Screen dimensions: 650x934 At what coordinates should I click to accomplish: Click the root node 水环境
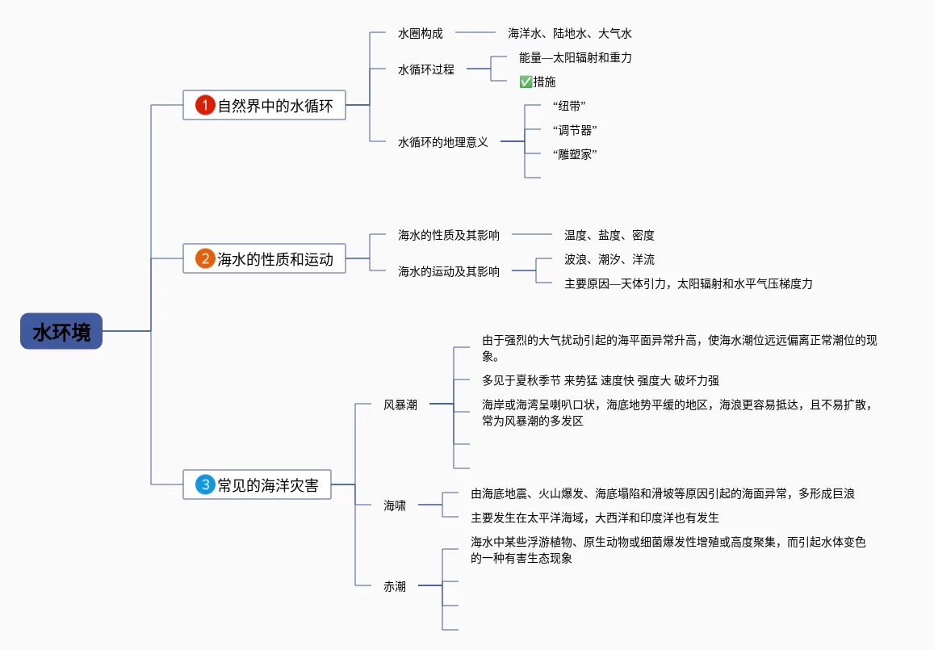[61, 331]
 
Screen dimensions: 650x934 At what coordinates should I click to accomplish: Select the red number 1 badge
[205, 105]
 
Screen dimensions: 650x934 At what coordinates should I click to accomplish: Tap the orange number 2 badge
[205, 259]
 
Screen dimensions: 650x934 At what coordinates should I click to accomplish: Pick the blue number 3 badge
[205, 485]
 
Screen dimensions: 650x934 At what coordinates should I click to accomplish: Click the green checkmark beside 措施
[526, 82]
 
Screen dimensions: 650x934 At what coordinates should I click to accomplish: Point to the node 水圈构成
[421, 33]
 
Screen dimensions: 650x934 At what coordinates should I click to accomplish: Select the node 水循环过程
[426, 69]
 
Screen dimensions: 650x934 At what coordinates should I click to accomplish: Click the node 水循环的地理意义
[443, 142]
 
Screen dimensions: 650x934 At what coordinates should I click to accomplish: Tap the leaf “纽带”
[569, 106]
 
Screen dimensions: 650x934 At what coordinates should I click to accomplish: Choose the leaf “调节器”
[575, 130]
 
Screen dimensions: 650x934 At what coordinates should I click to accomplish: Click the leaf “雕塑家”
[575, 154]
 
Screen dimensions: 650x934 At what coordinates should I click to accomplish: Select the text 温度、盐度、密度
[609, 235]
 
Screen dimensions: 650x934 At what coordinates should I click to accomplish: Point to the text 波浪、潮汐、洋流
[609, 259]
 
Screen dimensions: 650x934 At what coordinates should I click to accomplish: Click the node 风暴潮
[400, 405]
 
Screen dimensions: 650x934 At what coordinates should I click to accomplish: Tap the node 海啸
[395, 505]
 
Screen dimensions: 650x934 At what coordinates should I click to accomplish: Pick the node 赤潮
[395, 586]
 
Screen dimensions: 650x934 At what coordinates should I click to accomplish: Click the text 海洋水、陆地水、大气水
[570, 33]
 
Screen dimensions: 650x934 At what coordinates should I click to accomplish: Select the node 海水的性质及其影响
[449, 235]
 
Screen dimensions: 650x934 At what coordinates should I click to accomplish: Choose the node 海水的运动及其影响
[449, 271]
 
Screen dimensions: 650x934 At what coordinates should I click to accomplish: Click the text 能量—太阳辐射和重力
[576, 57]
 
